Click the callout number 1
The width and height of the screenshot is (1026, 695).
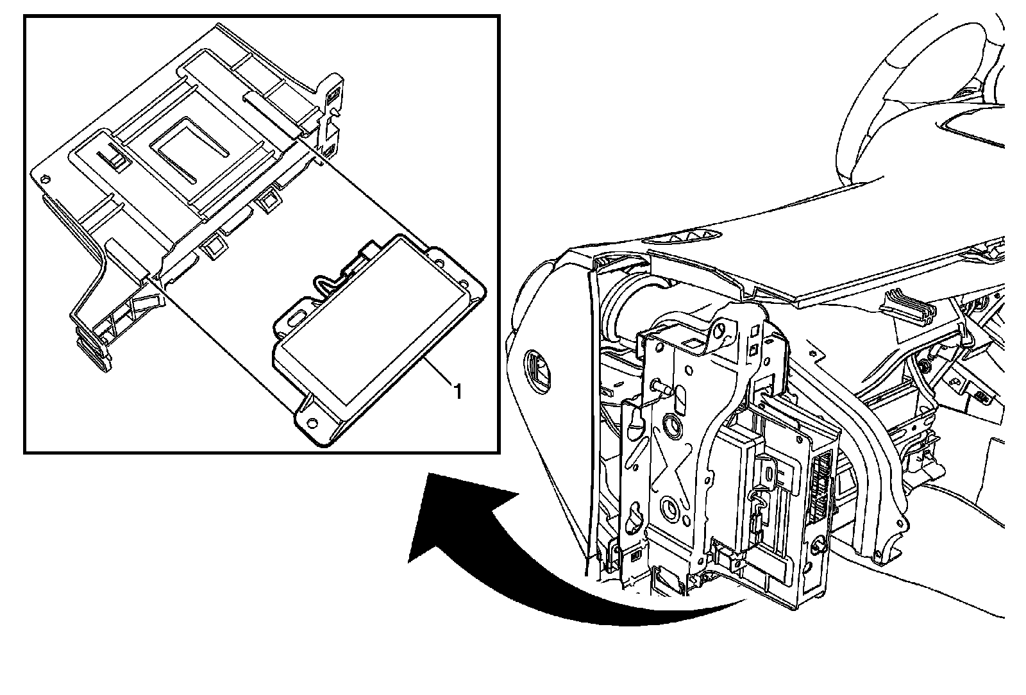457,390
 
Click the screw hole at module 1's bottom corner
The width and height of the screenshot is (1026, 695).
312,423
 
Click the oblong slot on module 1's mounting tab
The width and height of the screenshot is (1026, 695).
298,318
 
